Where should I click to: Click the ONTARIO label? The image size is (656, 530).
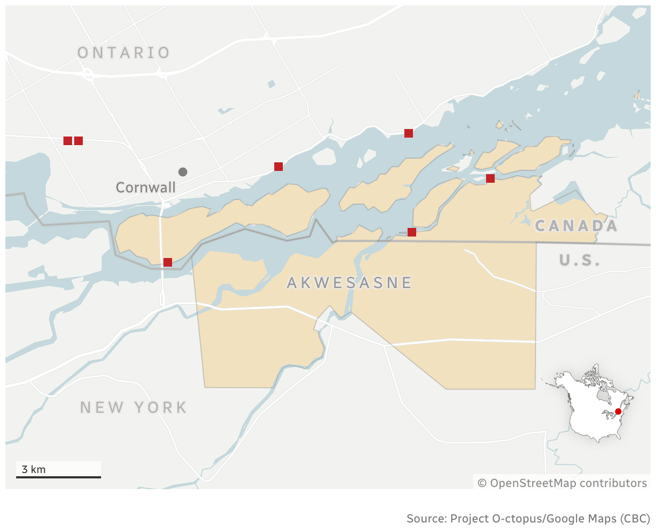pos(124,53)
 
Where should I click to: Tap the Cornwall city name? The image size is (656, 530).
pos(146,188)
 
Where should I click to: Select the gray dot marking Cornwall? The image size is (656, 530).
pos(183,172)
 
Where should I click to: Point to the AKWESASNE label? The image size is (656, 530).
pos(350,283)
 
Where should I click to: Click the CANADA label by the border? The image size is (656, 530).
pos(576,226)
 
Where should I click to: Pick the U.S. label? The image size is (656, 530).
pos(580,261)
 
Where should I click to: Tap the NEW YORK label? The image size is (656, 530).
pos(134,407)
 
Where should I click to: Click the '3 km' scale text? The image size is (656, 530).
pos(33,469)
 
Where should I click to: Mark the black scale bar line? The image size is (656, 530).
pos(58,477)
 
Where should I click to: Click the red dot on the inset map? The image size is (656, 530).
pos(618,411)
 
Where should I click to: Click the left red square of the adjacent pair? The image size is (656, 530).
pos(68,141)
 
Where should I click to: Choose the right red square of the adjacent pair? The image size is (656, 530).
pos(79,141)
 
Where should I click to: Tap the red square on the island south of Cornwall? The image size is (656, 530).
pos(168,262)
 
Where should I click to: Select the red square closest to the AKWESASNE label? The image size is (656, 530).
pos(412,232)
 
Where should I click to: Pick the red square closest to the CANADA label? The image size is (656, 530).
pos(490,178)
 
